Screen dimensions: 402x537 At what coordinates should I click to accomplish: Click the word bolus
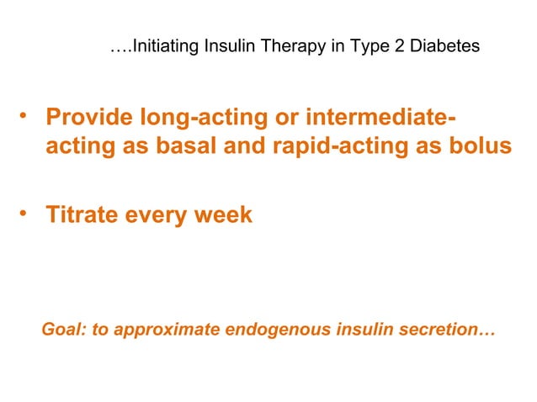click(x=480, y=145)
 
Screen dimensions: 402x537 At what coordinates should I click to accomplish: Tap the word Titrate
click(x=81, y=214)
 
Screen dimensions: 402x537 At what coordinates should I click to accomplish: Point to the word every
click(x=157, y=214)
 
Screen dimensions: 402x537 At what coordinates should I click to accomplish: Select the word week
click(x=225, y=214)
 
